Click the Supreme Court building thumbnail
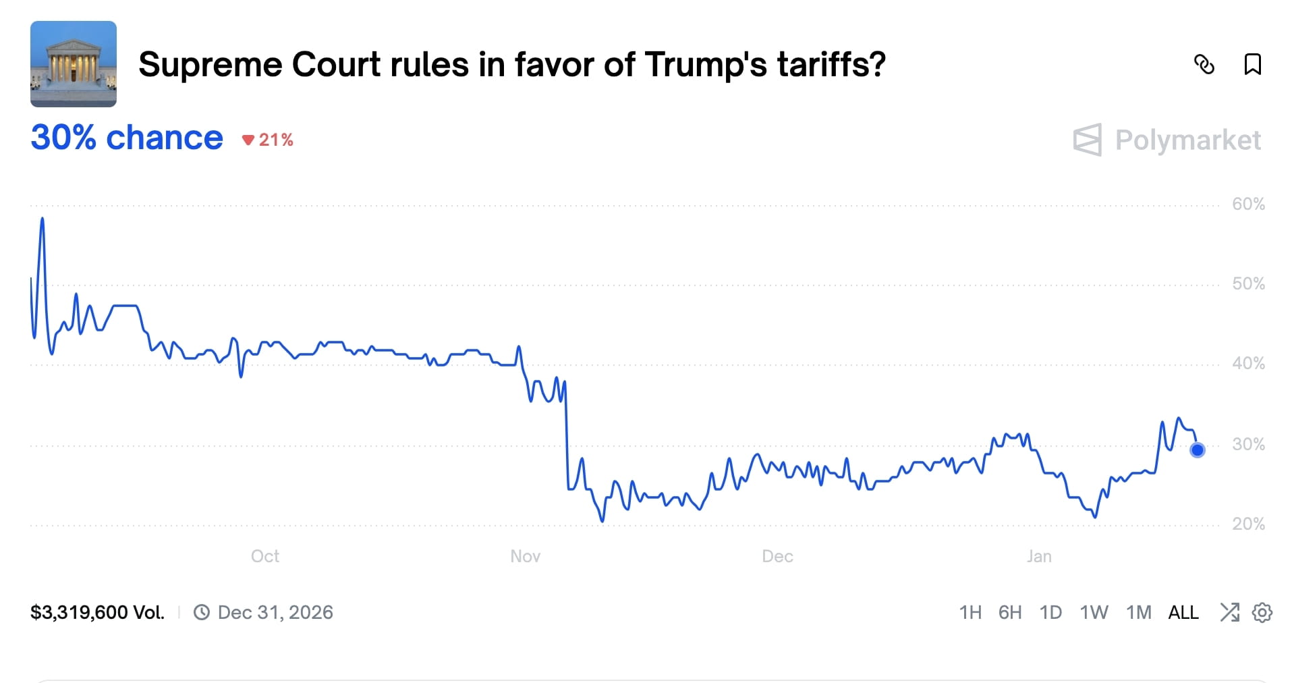pos(74,64)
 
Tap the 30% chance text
pos(127,138)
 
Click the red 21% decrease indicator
pos(269,140)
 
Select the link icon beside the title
pos(1204,65)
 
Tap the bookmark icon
pos(1252,65)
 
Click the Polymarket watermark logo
pos(1167,140)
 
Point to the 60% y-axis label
pos(1248,204)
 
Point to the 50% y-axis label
pos(1248,283)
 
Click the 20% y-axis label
pos(1248,524)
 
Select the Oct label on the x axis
pos(265,556)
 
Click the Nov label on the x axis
pos(525,556)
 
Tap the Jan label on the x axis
pos(1039,556)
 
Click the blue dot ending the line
pos(1197,449)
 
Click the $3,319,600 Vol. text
pos(98,612)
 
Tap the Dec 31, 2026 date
pos(275,612)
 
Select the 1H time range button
pos(970,612)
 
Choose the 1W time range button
pos(1094,612)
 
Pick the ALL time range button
pos(1183,612)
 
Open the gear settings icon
pos(1262,612)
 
